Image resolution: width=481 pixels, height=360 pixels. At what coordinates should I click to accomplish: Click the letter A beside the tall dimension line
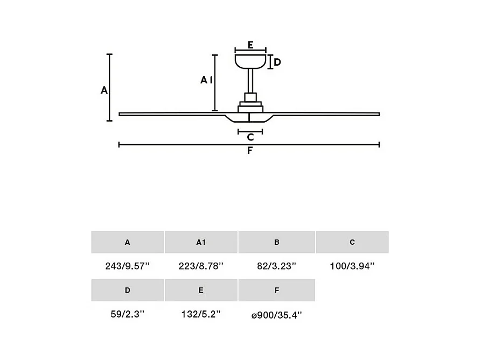pyautogui.click(x=104, y=90)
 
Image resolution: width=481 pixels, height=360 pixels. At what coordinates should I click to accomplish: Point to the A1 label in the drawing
pyautogui.click(x=206, y=80)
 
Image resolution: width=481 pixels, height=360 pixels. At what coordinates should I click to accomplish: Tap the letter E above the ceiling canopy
pyautogui.click(x=250, y=45)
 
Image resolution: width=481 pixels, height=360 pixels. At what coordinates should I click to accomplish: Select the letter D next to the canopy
pyautogui.click(x=277, y=62)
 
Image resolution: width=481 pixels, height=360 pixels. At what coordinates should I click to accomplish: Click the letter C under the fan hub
pyautogui.click(x=250, y=137)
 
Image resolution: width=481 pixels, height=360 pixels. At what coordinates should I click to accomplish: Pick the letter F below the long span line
pyautogui.click(x=250, y=151)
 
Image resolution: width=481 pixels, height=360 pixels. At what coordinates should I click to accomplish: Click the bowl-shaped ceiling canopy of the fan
pyautogui.click(x=250, y=61)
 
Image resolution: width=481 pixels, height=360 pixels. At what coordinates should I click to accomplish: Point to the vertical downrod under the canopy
pyautogui.click(x=250, y=81)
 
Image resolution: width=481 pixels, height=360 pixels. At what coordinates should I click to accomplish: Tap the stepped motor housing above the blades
pyautogui.click(x=250, y=103)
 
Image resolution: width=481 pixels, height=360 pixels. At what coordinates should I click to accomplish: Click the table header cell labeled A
pyautogui.click(x=127, y=242)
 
